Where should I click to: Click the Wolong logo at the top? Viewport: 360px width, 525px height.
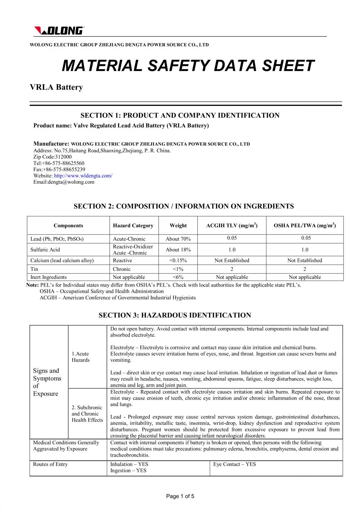tap(59, 31)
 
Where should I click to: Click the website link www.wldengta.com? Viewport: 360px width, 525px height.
tap(83, 176)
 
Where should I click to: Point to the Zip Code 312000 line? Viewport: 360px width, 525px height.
tap(53, 157)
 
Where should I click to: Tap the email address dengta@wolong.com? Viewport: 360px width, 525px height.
tap(64, 182)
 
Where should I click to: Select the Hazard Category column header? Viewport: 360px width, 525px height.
tap(133, 226)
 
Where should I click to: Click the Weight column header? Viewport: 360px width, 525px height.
tap(178, 226)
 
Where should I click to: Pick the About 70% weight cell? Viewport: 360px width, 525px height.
tap(178, 239)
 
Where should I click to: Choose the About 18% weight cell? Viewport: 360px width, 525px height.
tap(178, 250)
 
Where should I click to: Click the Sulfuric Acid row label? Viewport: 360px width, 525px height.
tap(45, 250)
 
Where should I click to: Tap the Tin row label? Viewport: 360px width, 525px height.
tap(35, 269)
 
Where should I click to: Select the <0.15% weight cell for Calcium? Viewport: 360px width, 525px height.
tap(178, 261)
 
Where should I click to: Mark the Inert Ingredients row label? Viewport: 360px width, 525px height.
tap(49, 277)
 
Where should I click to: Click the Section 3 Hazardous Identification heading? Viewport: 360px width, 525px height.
tap(175, 315)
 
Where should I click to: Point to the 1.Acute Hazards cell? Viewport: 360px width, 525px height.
tap(80, 357)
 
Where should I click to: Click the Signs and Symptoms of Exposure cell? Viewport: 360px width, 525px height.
tap(47, 382)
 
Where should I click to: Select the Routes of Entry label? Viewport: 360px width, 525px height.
tap(50, 464)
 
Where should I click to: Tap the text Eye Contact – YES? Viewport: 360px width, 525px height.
tap(234, 464)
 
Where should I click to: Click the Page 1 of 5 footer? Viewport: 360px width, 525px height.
tap(180, 496)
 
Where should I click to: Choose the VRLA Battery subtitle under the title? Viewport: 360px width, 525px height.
tap(56, 87)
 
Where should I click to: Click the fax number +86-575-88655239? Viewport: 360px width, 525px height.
tap(59, 169)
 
